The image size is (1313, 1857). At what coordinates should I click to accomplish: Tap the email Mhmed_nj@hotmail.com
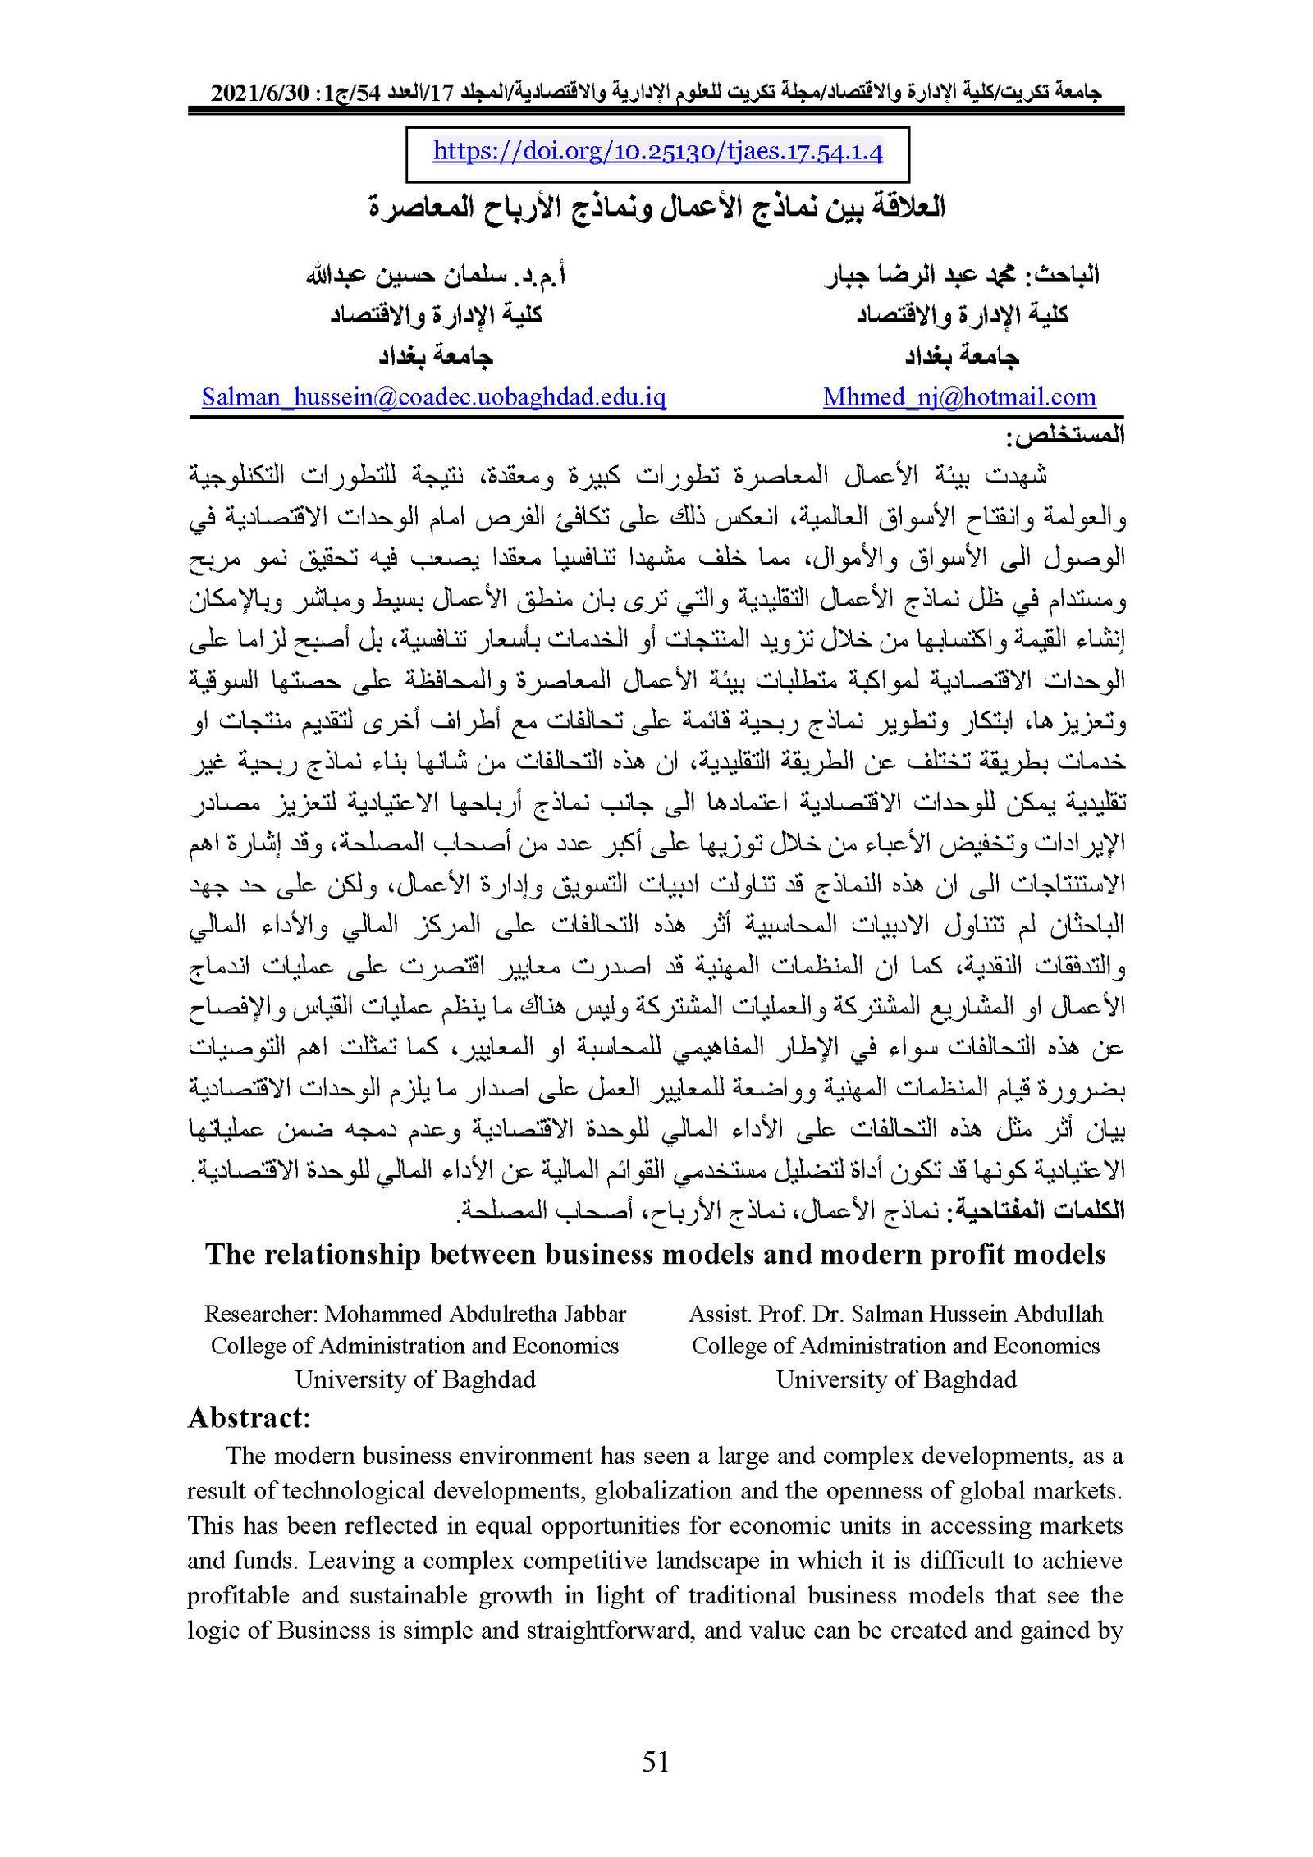click(959, 397)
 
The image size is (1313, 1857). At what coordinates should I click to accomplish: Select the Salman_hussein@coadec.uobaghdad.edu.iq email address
click(433, 397)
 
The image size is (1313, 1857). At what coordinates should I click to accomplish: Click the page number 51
click(656, 1760)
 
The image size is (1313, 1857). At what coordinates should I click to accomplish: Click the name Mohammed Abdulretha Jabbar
click(475, 1314)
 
